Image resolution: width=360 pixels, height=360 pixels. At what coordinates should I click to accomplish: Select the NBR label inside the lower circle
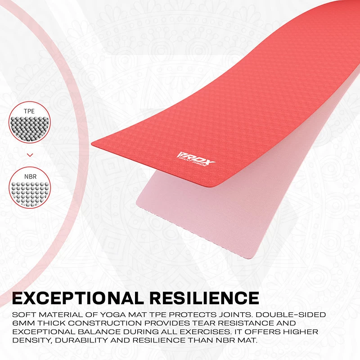[x=29, y=176]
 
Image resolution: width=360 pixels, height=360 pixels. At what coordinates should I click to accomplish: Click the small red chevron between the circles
[x=30, y=154]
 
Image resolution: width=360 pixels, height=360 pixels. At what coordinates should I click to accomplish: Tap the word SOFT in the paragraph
[x=24, y=315]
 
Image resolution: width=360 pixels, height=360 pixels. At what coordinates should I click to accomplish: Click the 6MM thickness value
[x=23, y=324]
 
